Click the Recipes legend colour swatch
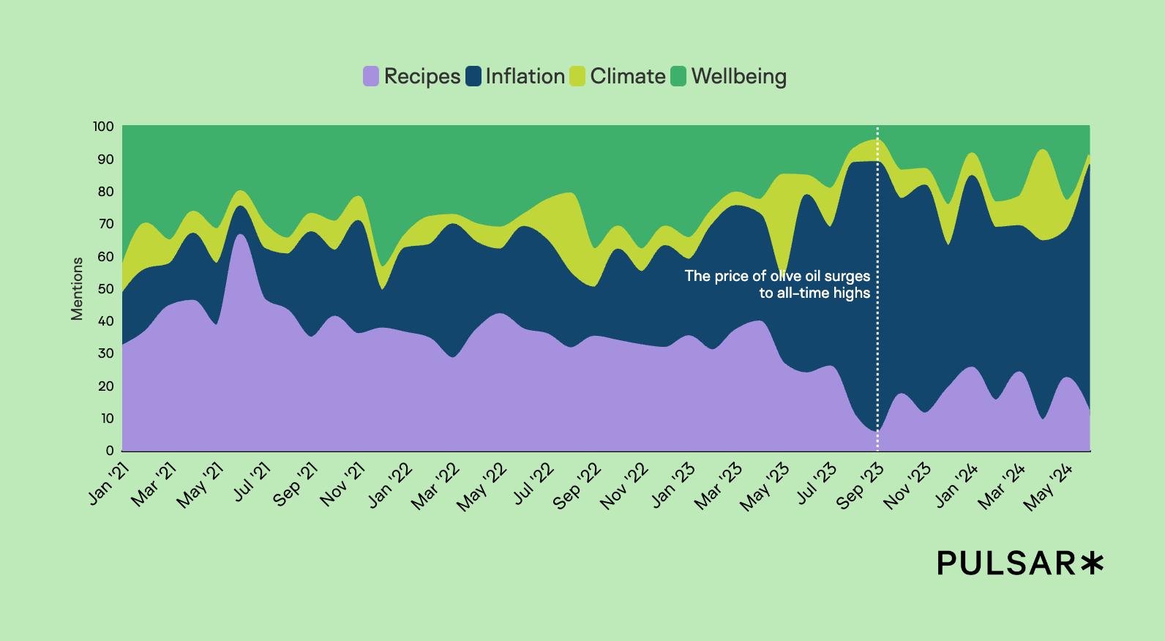[x=371, y=76]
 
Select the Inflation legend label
[x=525, y=76]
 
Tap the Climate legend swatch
[x=577, y=76]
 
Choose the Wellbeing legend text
[x=738, y=76]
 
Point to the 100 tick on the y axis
[x=103, y=127]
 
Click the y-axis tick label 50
[x=105, y=288]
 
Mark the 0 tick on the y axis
[x=110, y=451]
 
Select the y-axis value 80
[x=105, y=192]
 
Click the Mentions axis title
[x=77, y=288]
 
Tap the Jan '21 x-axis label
[x=109, y=484]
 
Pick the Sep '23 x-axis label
[x=861, y=486]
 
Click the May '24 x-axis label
[x=1049, y=487]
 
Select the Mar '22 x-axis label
[x=435, y=486]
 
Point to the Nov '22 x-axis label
[x=624, y=486]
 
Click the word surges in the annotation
[x=847, y=276]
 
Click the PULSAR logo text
[x=1006, y=563]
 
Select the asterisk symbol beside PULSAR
[x=1092, y=563]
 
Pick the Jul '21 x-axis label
[x=252, y=482]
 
